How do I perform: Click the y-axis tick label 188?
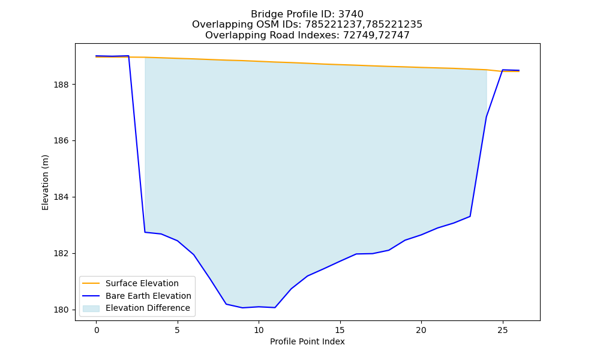click(x=62, y=85)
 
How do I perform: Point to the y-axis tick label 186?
click(x=62, y=141)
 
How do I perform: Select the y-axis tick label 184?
click(x=62, y=197)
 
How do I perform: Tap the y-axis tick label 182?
click(x=62, y=254)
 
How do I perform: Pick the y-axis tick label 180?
click(x=62, y=310)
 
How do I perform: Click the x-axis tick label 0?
click(x=97, y=330)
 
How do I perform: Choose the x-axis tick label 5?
click(x=178, y=330)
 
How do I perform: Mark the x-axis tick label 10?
click(x=259, y=330)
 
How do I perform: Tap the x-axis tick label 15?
click(x=340, y=330)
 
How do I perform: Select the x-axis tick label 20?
click(x=421, y=330)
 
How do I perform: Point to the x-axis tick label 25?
click(x=502, y=330)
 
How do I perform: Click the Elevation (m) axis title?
click(x=45, y=182)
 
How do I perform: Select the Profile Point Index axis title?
click(x=307, y=341)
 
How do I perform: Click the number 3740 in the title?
click(x=350, y=14)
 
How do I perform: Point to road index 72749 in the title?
click(x=358, y=35)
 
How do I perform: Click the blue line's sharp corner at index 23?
click(x=470, y=216)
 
